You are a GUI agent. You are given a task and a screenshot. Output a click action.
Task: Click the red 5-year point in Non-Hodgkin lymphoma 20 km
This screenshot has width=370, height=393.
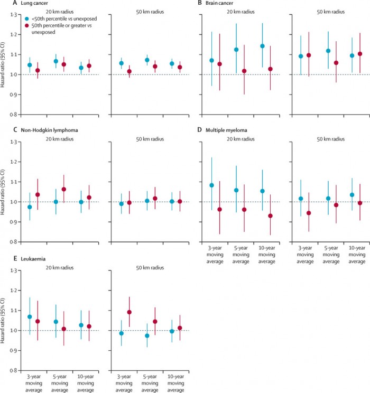64,189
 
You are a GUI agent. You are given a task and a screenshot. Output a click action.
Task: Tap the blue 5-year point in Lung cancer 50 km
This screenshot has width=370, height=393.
147,60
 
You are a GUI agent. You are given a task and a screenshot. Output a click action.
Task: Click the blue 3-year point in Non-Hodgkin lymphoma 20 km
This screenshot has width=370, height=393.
29,207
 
